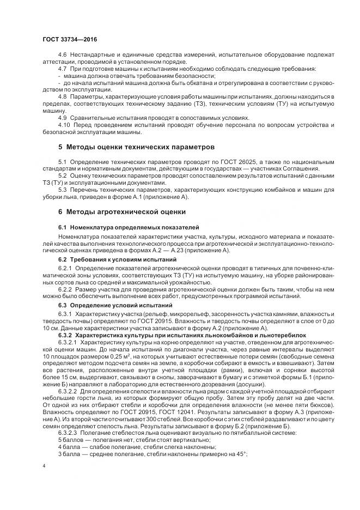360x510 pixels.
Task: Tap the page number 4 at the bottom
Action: click(44, 467)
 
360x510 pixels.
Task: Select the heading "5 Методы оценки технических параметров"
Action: click(136, 147)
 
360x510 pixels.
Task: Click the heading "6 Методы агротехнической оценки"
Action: click(122, 211)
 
